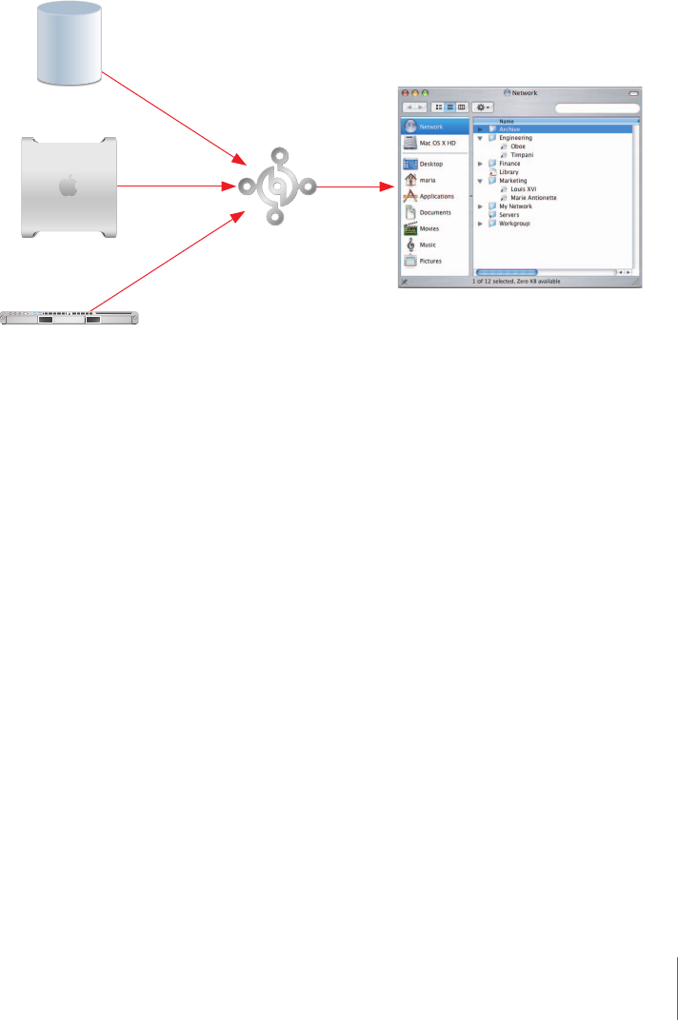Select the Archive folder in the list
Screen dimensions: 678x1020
tap(510, 128)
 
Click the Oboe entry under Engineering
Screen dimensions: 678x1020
tap(517, 147)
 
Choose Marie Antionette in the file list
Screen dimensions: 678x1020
tap(533, 198)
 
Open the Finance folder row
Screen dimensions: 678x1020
tap(509, 164)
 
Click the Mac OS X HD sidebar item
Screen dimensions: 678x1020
tap(437, 142)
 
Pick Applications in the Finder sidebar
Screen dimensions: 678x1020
tap(436, 196)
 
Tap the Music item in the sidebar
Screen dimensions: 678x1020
tap(429, 245)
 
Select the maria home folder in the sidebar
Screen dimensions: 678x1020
tap(429, 180)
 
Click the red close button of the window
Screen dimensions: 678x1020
tap(405, 93)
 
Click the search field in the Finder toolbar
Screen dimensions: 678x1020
tap(596, 108)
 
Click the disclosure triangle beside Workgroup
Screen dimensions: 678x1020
tap(481, 224)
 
